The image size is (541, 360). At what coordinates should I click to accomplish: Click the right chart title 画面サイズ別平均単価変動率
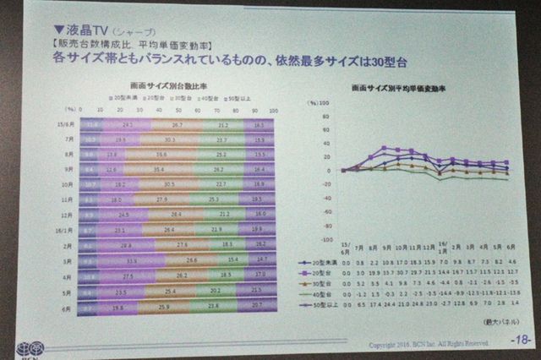click(x=403, y=87)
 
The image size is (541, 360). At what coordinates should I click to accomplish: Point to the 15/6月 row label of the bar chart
click(x=66, y=124)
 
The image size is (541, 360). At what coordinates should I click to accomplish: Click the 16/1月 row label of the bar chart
click(x=65, y=229)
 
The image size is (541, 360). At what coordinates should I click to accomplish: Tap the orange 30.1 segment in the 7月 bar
click(x=171, y=139)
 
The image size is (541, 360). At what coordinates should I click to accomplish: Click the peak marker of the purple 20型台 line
click(x=385, y=148)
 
